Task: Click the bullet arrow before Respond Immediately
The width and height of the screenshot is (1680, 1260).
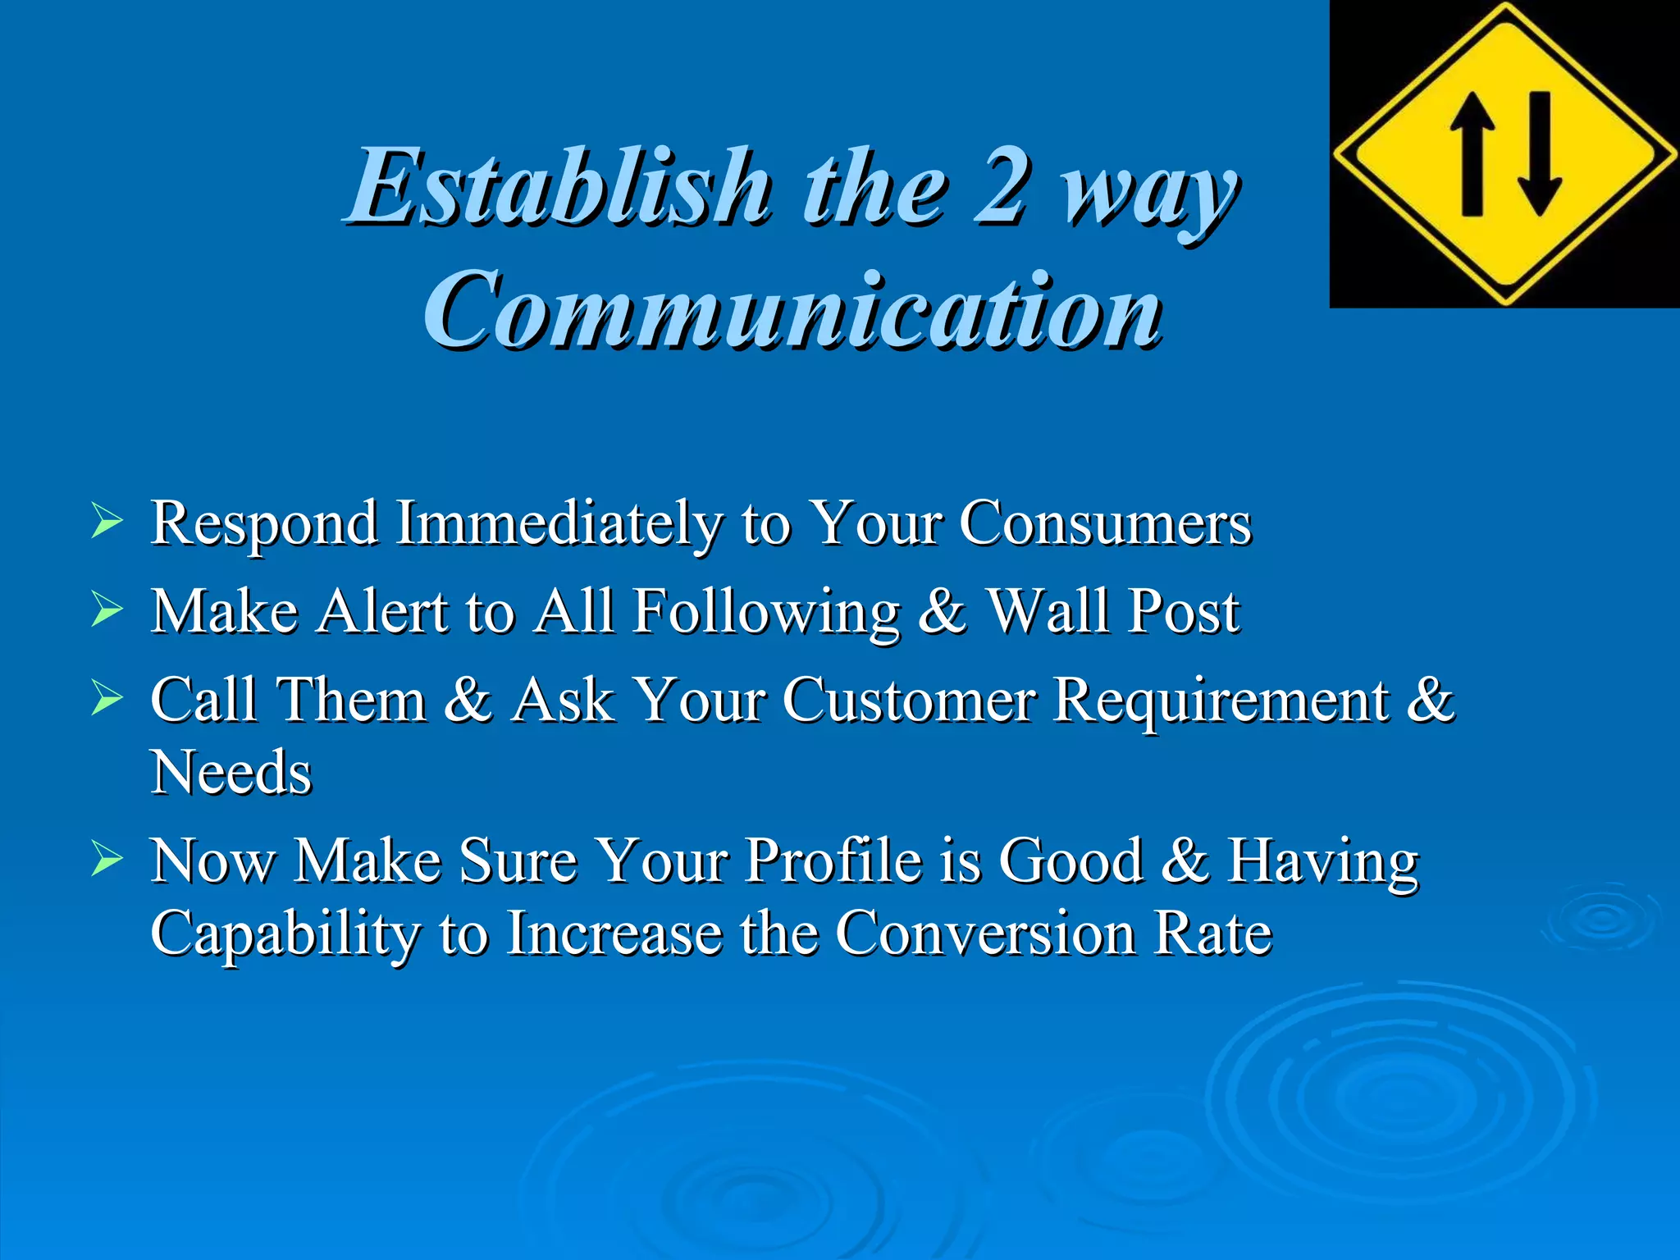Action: pos(107,522)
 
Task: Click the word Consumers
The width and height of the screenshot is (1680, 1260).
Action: pos(1105,523)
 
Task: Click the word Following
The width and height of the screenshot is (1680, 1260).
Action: pos(766,612)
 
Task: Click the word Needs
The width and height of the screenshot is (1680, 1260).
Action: pos(231,773)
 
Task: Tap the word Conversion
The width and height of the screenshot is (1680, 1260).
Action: pos(986,934)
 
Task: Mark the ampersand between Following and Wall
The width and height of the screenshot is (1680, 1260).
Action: pos(942,611)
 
